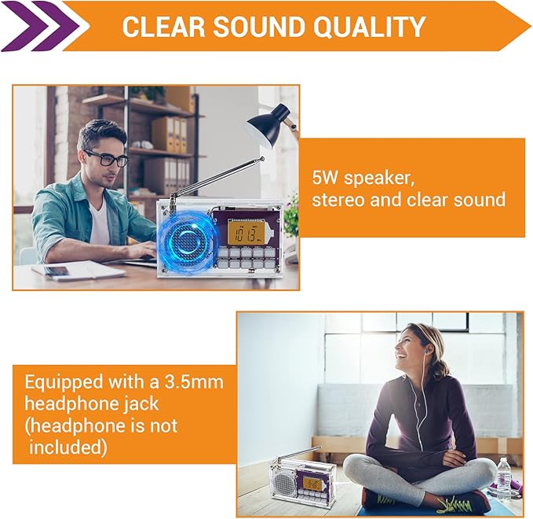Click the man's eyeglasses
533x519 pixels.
click(111, 160)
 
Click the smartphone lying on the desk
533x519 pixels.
click(57, 271)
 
